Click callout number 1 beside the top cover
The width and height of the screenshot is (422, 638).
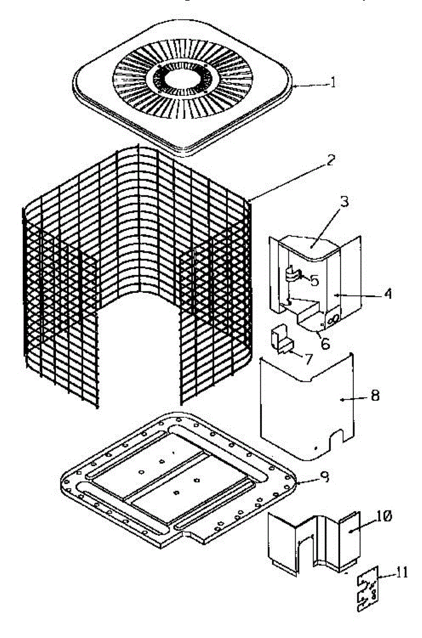tap(333, 83)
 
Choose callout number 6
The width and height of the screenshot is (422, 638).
tap(325, 343)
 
